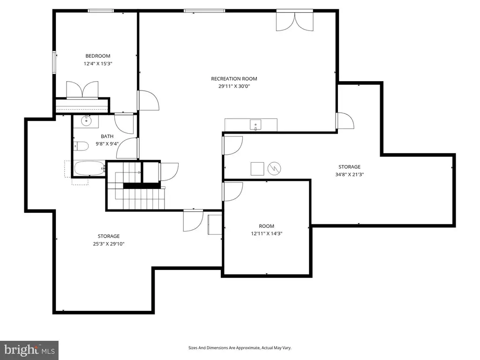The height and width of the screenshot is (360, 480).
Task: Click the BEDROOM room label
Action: click(97, 56)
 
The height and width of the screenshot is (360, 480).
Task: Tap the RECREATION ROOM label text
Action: click(234, 79)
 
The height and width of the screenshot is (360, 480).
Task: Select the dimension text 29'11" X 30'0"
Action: click(234, 86)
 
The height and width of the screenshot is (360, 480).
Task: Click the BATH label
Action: click(107, 136)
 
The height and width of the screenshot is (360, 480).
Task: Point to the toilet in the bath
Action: click(81, 146)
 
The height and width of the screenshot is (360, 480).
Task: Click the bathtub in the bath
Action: click(90, 168)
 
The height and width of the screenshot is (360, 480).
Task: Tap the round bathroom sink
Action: click(87, 120)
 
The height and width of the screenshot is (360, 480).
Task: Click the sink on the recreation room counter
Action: click(255, 125)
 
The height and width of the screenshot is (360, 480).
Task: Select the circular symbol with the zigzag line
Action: click(274, 168)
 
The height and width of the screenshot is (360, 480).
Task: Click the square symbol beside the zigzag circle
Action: click(257, 169)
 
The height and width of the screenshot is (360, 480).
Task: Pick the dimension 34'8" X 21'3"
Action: click(350, 174)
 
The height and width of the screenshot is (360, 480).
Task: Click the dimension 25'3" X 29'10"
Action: click(109, 244)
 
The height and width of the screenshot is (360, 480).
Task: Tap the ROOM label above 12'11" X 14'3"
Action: click(266, 226)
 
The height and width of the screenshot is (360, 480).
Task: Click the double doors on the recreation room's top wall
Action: click(295, 20)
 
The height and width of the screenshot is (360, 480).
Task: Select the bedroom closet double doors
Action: click(82, 90)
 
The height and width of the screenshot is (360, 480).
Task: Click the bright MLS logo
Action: click(30, 350)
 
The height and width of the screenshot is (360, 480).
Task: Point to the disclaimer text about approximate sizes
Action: click(240, 348)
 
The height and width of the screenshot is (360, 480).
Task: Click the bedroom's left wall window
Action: click(54, 62)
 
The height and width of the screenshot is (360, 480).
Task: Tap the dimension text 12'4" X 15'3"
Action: click(98, 64)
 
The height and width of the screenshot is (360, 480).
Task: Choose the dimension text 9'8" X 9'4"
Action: click(107, 143)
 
